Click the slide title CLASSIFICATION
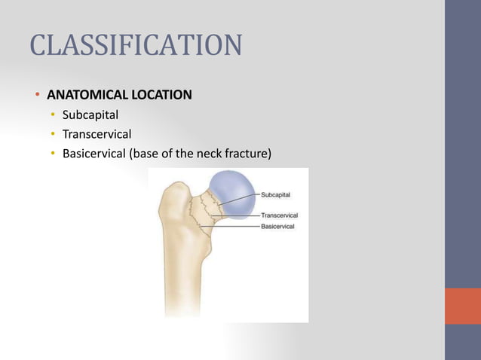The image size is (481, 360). [136, 45]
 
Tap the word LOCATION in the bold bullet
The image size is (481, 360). [162, 96]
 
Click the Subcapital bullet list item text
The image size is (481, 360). [90, 115]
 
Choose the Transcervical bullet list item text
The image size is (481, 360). [97, 135]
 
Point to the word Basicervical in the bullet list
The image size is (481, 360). [93, 154]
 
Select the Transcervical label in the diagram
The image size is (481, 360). [280, 215]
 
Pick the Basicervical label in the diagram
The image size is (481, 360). [278, 226]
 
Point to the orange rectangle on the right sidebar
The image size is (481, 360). [462, 306]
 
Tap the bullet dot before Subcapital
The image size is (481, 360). [53, 115]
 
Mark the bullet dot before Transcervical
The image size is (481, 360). [53, 135]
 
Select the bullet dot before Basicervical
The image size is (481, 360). [53, 154]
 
